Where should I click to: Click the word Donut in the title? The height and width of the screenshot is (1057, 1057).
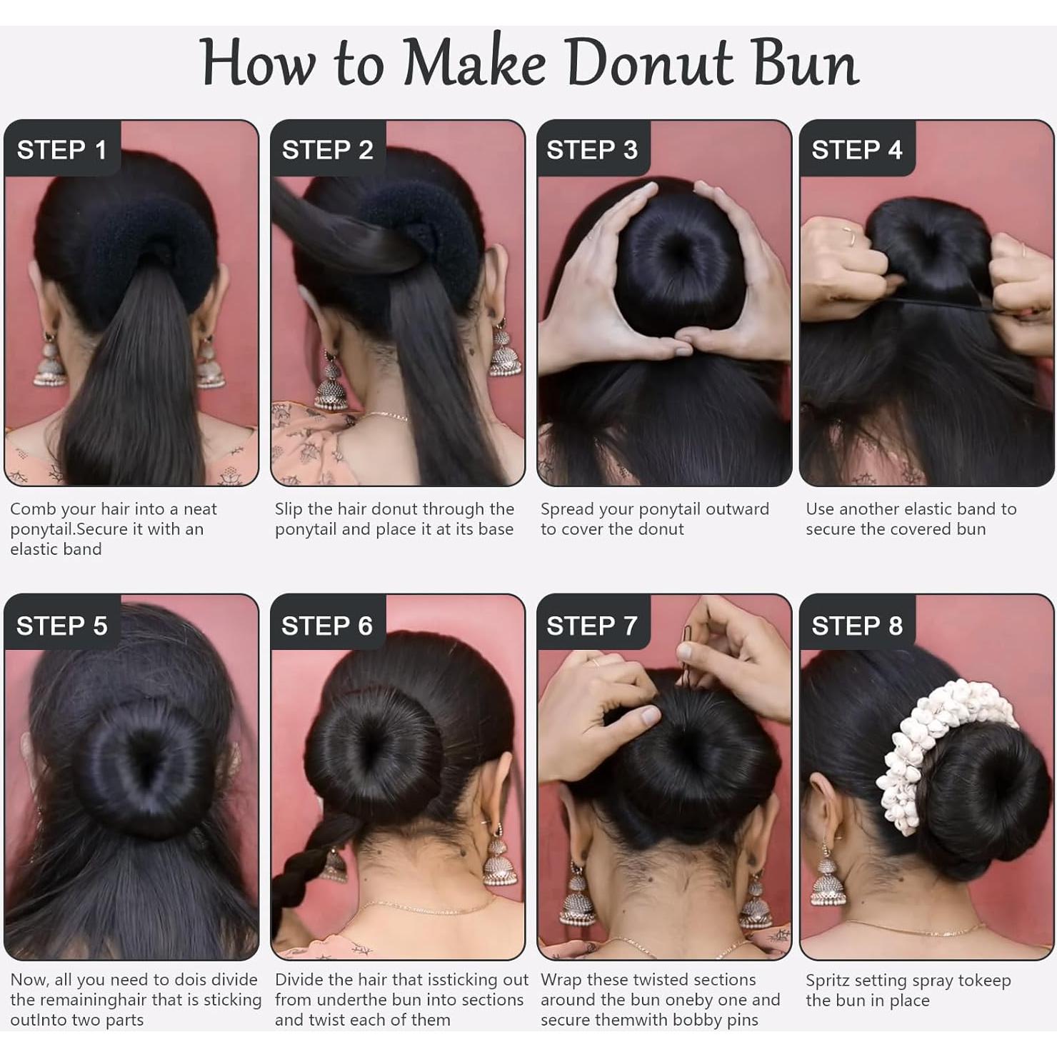pyautogui.click(x=650, y=63)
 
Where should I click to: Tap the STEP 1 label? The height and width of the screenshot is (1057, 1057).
pyautogui.click(x=61, y=150)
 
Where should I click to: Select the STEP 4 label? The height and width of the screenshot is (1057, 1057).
pyautogui.click(x=856, y=150)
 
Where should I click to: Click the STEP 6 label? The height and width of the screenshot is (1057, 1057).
pyautogui.click(x=326, y=626)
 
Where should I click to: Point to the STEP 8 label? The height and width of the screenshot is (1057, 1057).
pyautogui.click(x=856, y=626)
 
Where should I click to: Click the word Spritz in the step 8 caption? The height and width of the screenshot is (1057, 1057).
pyautogui.click(x=828, y=981)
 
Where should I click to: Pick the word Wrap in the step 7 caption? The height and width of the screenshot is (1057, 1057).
pyautogui.click(x=561, y=980)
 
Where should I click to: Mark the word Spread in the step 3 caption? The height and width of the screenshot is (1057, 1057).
pyautogui.click(x=568, y=510)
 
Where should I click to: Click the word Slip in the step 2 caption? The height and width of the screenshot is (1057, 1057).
pyautogui.click(x=289, y=509)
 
